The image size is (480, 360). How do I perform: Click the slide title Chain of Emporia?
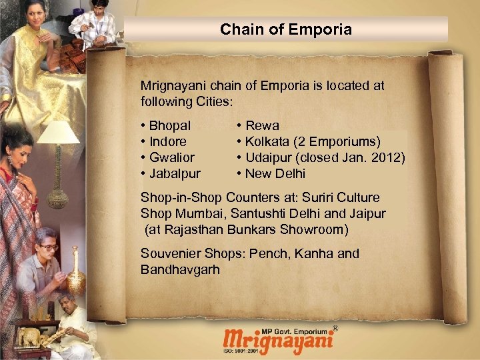pyautogui.click(x=285, y=29)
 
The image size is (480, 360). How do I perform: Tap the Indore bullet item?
pyautogui.click(x=167, y=141)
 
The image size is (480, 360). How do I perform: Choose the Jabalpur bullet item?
pyautogui.click(x=174, y=174)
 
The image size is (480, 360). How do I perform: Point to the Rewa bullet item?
pyautogui.click(x=262, y=125)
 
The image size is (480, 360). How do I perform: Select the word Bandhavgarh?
pyautogui.click(x=180, y=270)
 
